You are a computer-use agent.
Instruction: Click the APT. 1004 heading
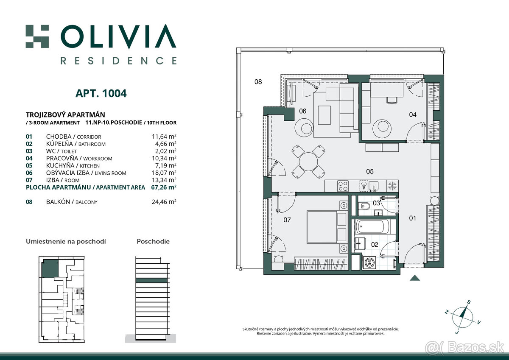101,93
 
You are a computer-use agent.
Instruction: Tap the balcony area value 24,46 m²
164,202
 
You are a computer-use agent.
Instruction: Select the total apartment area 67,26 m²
164,187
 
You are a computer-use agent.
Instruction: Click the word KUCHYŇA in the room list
60,165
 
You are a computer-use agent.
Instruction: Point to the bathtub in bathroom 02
372,227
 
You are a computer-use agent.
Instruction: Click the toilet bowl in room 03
365,206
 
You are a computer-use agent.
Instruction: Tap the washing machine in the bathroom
369,263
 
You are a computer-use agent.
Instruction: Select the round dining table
308,162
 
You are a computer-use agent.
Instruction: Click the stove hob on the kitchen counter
343,186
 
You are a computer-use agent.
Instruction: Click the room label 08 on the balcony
258,82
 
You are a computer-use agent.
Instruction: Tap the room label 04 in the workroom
413,115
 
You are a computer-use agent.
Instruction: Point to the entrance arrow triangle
415,278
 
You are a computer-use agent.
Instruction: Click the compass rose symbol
462,317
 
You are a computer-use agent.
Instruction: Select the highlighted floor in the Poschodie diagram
151,281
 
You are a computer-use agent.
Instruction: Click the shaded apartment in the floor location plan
50,268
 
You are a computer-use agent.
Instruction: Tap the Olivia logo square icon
37,36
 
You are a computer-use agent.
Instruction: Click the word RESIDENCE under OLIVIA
118,61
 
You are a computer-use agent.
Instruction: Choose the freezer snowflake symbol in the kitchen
392,186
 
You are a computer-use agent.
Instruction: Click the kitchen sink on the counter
373,186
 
